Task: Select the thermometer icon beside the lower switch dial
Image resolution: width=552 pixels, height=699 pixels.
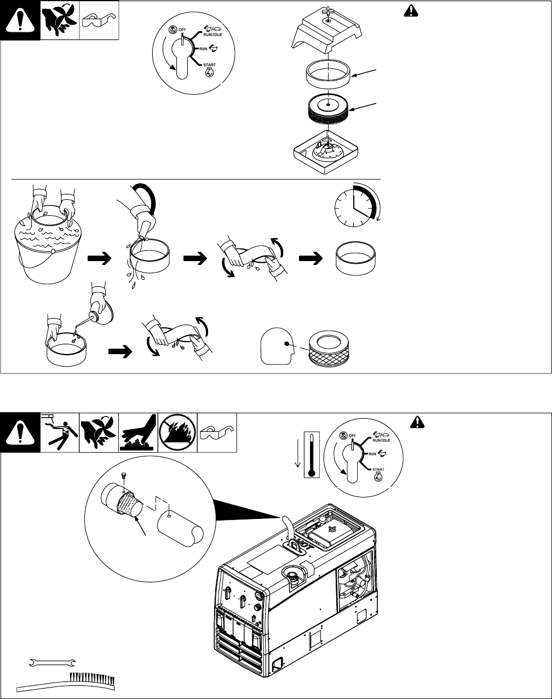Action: coord(312,455)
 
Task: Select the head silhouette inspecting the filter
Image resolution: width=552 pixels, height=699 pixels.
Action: coord(277,346)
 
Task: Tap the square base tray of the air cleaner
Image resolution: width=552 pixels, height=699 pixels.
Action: coord(326,152)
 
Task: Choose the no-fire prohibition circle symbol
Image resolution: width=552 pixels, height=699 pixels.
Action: coord(177,432)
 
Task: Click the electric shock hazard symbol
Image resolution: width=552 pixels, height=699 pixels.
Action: coord(60,432)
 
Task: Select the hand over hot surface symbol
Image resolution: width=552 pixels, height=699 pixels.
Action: coord(138,432)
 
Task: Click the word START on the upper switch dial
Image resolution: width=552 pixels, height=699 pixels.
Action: coord(209,65)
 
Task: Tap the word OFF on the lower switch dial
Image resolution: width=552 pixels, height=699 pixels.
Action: coord(353,436)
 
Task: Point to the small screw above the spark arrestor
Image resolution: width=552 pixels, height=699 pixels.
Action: coord(124,476)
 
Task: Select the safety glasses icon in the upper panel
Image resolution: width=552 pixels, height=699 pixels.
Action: coord(99,20)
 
